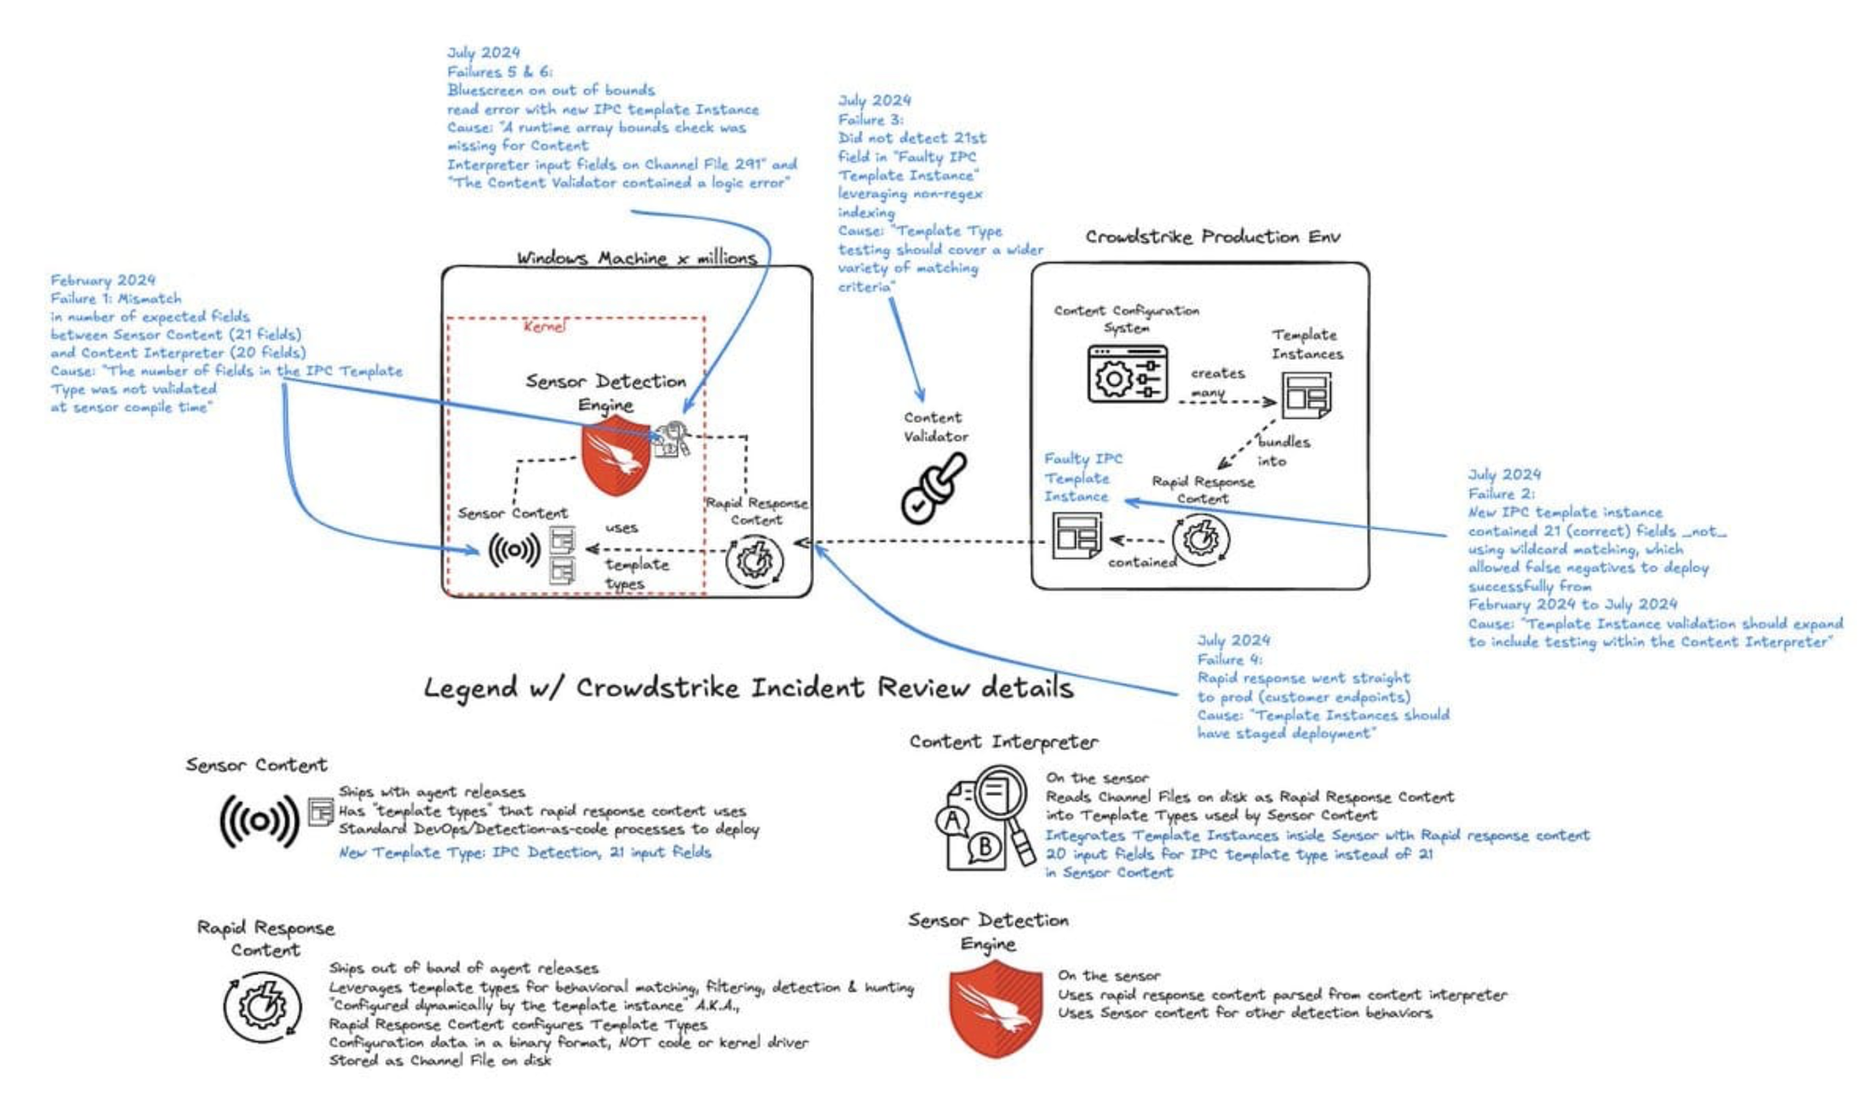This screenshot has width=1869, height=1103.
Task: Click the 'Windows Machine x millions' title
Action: tap(636, 258)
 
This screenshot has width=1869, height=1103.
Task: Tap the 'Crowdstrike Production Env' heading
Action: tap(1212, 236)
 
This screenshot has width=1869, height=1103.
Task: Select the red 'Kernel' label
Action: tap(544, 326)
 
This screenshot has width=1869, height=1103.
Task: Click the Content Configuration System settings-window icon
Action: tap(1127, 375)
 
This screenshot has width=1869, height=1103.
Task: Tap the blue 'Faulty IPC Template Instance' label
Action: tap(1082, 478)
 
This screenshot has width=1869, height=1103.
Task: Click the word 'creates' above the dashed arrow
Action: tap(1217, 373)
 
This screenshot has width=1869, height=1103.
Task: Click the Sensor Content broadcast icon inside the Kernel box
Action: tap(514, 550)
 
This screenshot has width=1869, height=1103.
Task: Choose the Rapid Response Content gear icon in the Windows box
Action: tap(755, 561)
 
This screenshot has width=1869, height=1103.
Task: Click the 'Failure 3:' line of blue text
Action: tap(870, 120)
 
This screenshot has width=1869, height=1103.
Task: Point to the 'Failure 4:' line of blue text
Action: tap(1228, 659)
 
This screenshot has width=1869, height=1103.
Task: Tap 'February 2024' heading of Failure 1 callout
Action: tap(103, 279)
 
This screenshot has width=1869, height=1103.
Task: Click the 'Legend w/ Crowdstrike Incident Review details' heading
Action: tap(748, 689)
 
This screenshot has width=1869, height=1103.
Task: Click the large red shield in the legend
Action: tap(994, 1009)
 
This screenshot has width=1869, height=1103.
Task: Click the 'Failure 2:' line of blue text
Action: tap(1501, 494)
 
